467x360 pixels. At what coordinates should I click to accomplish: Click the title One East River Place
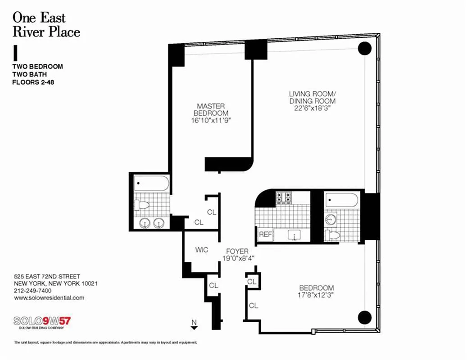pos(46,25)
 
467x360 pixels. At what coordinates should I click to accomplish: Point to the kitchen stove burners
pos(283,197)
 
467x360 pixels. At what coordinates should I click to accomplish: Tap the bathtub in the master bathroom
pos(152,184)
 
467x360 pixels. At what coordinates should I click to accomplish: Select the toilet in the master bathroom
pos(142,205)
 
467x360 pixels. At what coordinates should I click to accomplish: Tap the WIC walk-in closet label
pos(202,250)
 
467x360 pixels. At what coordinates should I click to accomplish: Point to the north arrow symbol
pos(194,325)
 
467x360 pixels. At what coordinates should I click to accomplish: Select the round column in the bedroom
pos(364,317)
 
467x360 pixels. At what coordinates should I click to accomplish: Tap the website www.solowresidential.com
pos(49,298)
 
